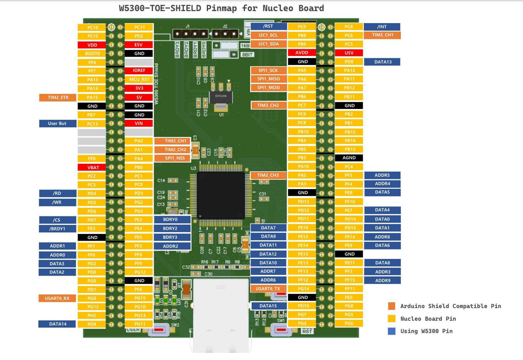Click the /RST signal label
click(268, 26)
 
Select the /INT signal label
click(382, 27)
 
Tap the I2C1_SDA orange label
click(268, 44)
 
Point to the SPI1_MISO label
click(268, 79)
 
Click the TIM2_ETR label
click(58, 97)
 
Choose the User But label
click(57, 123)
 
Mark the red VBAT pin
click(92, 168)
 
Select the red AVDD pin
click(302, 53)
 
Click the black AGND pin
click(349, 158)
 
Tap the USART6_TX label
click(268, 289)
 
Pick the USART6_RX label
click(57, 298)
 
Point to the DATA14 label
click(57, 324)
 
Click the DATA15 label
click(268, 306)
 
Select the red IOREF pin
click(139, 71)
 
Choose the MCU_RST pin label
click(139, 79)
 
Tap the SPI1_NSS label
click(175, 158)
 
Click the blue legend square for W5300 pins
click(391, 331)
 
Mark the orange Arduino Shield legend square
click(391, 306)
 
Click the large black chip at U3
click(221, 195)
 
